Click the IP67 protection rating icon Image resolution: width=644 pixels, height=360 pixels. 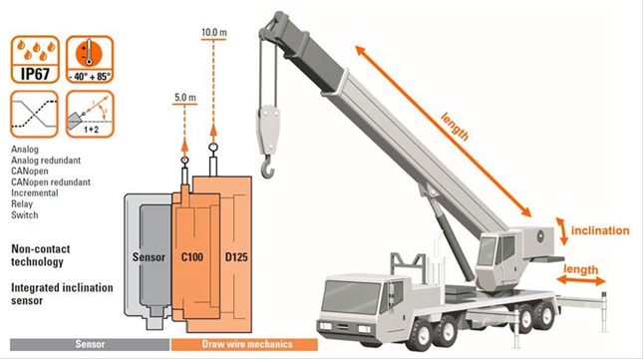click(x=35, y=60)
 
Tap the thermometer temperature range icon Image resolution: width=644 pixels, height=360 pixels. click(x=90, y=60)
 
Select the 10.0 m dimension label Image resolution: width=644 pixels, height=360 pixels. click(x=214, y=32)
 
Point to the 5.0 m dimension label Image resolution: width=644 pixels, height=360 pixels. click(x=185, y=98)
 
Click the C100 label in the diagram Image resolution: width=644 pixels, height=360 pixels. click(x=192, y=257)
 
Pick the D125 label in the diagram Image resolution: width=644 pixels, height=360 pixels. click(x=236, y=257)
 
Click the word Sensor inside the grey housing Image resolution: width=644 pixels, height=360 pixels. click(x=149, y=257)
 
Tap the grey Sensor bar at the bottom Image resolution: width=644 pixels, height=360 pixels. click(x=90, y=344)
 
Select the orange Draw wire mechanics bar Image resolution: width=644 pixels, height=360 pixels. click(x=244, y=344)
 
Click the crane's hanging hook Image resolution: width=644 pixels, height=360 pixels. click(x=268, y=167)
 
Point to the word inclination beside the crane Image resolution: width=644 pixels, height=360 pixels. click(x=600, y=230)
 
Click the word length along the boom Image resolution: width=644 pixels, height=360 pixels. click(x=455, y=127)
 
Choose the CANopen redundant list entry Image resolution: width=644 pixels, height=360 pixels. click(x=51, y=182)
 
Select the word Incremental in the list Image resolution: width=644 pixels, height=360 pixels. click(x=35, y=192)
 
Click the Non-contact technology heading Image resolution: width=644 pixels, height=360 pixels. click(x=40, y=255)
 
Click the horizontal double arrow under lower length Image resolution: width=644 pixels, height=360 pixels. click(x=581, y=280)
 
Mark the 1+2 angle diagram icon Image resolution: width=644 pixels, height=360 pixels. click(x=90, y=115)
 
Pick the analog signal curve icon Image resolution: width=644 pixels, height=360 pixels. click(x=35, y=115)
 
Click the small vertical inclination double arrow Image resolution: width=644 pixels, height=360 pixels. click(x=562, y=231)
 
